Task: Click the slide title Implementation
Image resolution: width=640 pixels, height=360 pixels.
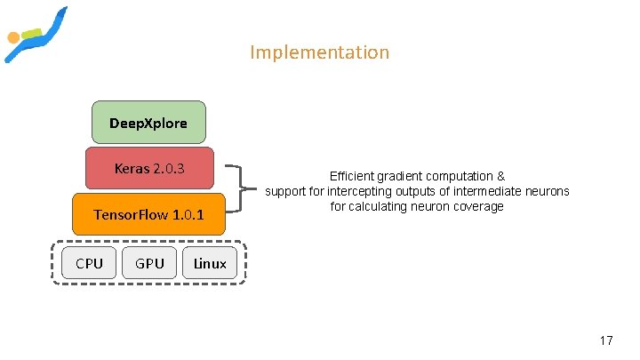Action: tap(319, 52)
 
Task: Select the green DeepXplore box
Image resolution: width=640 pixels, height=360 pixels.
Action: tap(148, 123)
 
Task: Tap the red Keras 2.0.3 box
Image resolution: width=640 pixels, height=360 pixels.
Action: tap(149, 168)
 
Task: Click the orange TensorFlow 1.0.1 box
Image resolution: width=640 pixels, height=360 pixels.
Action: tap(148, 214)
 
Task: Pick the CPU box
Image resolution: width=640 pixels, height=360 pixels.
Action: tap(89, 263)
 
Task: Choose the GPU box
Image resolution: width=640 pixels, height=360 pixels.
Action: tap(149, 263)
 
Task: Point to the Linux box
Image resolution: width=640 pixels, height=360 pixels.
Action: tap(210, 263)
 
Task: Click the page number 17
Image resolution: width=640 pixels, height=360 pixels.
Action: tap(606, 340)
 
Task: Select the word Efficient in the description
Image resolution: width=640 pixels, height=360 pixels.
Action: tap(353, 177)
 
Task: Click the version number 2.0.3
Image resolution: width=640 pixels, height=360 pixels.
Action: tap(169, 168)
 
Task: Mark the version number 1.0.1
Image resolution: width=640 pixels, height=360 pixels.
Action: tap(188, 214)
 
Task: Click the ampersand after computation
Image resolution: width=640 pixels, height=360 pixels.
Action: tap(501, 177)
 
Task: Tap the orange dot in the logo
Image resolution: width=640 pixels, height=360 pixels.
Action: tap(13, 38)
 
